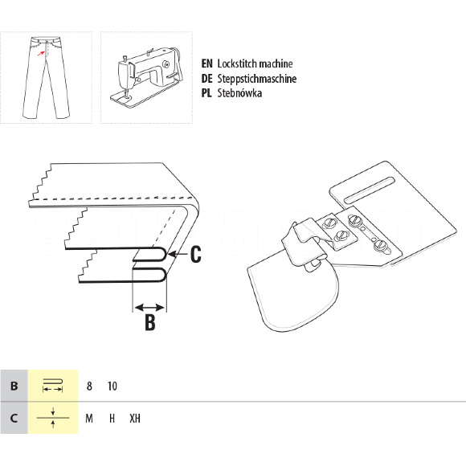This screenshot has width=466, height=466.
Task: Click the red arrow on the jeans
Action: pyautogui.click(x=41, y=54)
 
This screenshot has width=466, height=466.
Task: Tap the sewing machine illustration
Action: pyautogui.click(x=146, y=77)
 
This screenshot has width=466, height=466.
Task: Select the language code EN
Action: pyautogui.click(x=206, y=63)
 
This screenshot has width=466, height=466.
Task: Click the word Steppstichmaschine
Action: pyautogui.click(x=257, y=79)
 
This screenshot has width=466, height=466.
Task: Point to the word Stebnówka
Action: pyautogui.click(x=239, y=93)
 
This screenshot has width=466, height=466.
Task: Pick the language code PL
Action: pyautogui.click(x=206, y=93)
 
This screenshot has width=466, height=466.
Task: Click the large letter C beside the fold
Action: pyautogui.click(x=195, y=254)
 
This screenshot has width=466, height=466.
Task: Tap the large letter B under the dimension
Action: pyautogui.click(x=150, y=322)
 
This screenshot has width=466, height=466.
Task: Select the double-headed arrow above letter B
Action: pyautogui.click(x=149, y=307)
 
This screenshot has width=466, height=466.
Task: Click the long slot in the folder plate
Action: pyautogui.click(x=370, y=190)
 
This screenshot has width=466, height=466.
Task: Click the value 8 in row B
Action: pyautogui.click(x=89, y=386)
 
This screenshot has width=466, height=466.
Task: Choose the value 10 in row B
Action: pyautogui.click(x=112, y=386)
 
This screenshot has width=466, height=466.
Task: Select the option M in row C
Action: pyautogui.click(x=89, y=419)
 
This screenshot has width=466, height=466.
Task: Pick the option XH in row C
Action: pyautogui.click(x=135, y=419)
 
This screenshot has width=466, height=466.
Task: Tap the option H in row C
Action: pyautogui.click(x=112, y=419)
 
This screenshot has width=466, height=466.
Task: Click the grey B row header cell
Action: pyautogui.click(x=14, y=386)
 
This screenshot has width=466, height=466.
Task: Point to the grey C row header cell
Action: pyautogui.click(x=14, y=418)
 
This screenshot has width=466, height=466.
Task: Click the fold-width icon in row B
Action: pyautogui.click(x=52, y=386)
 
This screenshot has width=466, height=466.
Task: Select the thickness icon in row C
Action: pyautogui.click(x=53, y=418)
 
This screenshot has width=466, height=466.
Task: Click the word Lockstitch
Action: pyautogui.click(x=235, y=63)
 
